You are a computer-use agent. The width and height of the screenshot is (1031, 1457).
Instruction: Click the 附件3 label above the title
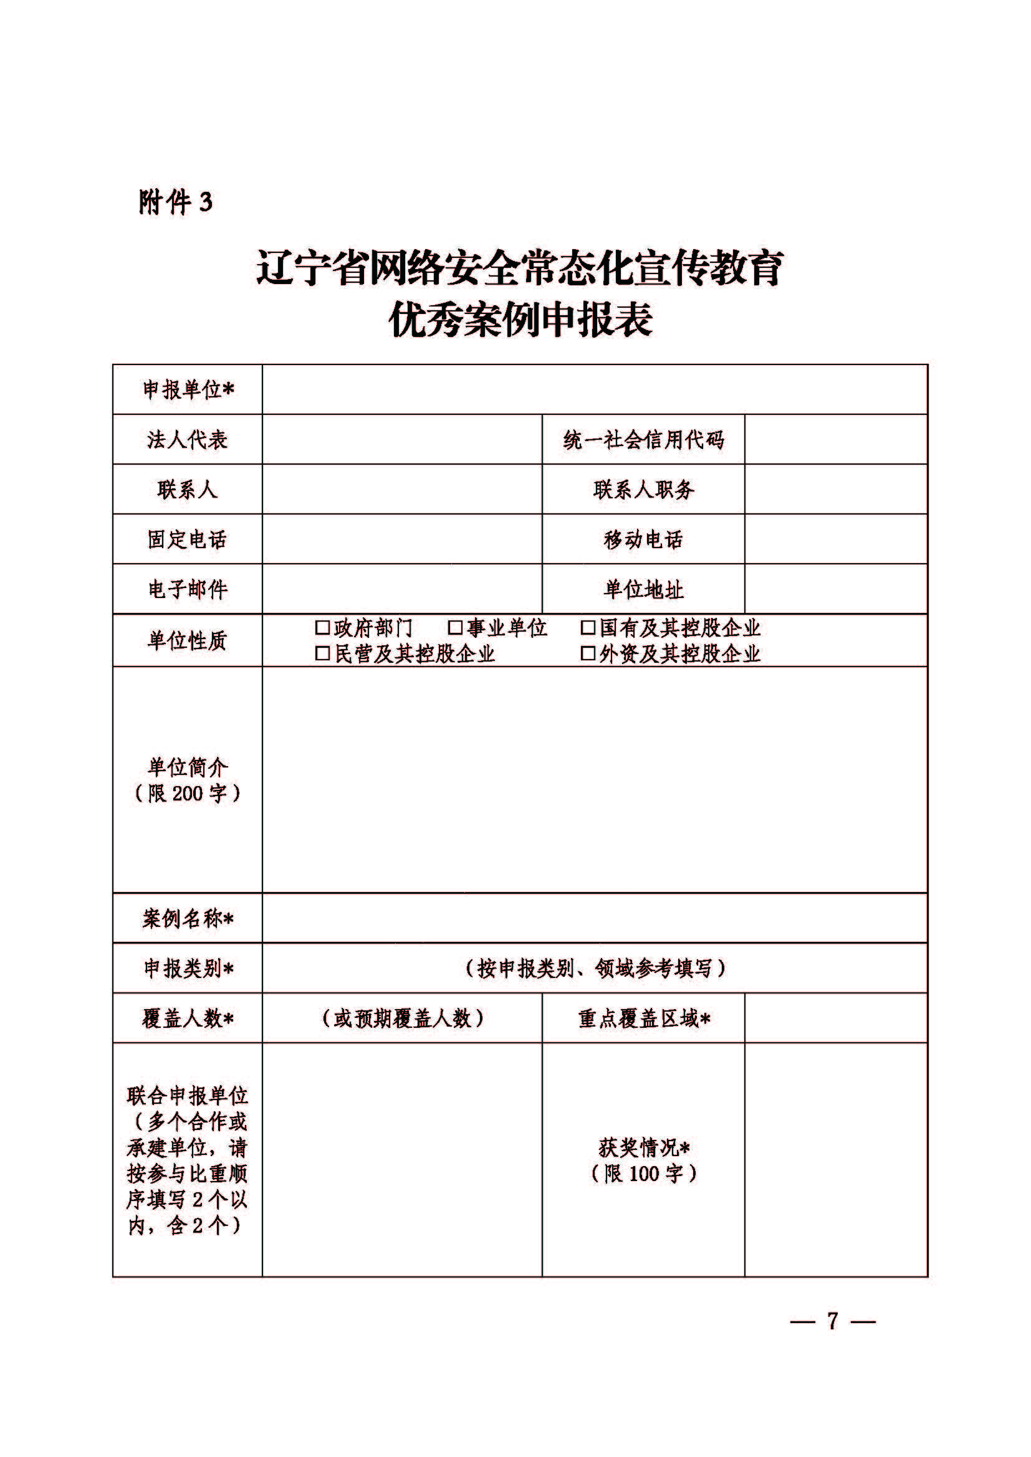coord(175,202)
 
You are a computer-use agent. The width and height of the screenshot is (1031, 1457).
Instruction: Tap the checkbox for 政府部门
coord(322,628)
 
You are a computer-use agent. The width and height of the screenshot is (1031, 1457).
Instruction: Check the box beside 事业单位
coord(455,628)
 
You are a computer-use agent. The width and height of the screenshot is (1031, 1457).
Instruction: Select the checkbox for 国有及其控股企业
coord(588,628)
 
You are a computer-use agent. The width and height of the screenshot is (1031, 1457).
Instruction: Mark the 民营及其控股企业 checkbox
coord(322,653)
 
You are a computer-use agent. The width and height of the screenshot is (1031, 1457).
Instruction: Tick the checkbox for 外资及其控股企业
coord(588,653)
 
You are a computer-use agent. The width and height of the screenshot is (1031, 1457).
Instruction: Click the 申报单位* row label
coord(188,389)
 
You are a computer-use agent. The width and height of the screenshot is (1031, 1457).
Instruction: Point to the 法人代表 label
coord(187,439)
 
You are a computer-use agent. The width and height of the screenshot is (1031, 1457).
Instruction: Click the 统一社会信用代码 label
coord(643,439)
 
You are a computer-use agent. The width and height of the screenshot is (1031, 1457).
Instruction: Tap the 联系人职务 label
coord(643,489)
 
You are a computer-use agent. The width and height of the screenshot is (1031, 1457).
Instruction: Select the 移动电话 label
coord(643,539)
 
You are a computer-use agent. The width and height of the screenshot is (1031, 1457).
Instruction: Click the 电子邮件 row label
coord(187,589)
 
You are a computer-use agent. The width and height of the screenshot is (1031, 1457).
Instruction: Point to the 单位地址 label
coord(643,589)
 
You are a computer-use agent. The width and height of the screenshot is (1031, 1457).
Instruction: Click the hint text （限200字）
coord(187,793)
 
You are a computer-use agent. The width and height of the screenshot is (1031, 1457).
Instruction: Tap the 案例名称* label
coord(188,918)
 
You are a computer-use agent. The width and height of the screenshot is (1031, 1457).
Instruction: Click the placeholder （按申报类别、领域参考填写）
coord(595,969)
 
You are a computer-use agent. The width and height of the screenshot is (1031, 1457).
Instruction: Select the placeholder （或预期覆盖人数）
coord(402,1018)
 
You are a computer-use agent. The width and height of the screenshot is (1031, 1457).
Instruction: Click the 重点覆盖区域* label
coord(644,1018)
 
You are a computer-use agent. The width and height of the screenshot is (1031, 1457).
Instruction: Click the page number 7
coord(832,1321)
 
